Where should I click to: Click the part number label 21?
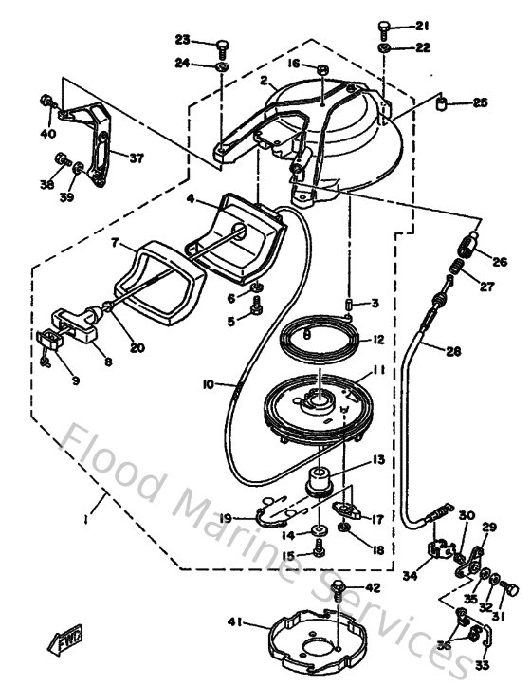pyautogui.click(x=422, y=26)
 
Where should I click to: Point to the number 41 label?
pyautogui.click(x=235, y=622)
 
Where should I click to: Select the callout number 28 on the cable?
pyautogui.click(x=453, y=350)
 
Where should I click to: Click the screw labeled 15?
pyautogui.click(x=320, y=549)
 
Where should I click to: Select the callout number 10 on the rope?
pyautogui.click(x=207, y=383)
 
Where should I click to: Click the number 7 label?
pyautogui.click(x=114, y=243)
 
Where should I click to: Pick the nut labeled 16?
pyautogui.click(x=322, y=70)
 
